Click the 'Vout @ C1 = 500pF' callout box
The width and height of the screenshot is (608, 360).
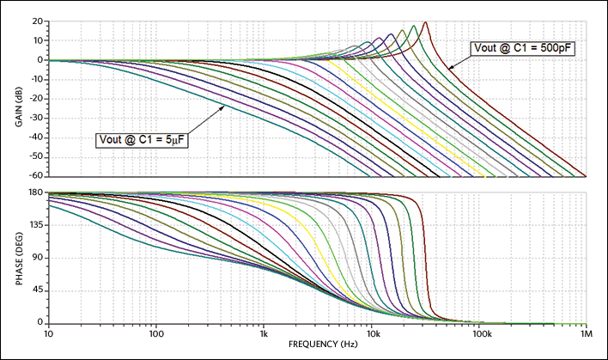coord(521,48)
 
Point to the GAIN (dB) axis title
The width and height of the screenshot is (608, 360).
coord(18,98)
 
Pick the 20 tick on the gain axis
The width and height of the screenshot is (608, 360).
coord(39,21)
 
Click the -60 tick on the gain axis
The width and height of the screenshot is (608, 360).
coord(37,176)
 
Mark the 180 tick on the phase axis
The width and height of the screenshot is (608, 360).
coord(36,193)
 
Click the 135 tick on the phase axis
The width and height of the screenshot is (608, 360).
coord(36,225)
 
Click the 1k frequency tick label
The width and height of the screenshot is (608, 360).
coord(264,333)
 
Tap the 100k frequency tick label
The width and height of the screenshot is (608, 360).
coord(478,333)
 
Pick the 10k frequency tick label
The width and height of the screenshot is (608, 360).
coord(371,333)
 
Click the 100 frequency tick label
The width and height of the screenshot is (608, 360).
coord(155,333)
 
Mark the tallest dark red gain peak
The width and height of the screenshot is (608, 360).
coord(425,23)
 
